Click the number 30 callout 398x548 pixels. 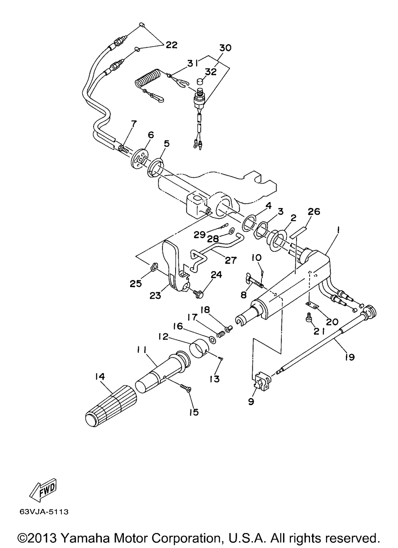(x=225, y=48)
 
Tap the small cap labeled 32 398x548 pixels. (x=201, y=81)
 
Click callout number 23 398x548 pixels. (x=156, y=296)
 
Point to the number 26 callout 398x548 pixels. (x=314, y=211)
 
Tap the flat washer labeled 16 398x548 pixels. (x=212, y=339)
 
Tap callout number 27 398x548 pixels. (x=230, y=260)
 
